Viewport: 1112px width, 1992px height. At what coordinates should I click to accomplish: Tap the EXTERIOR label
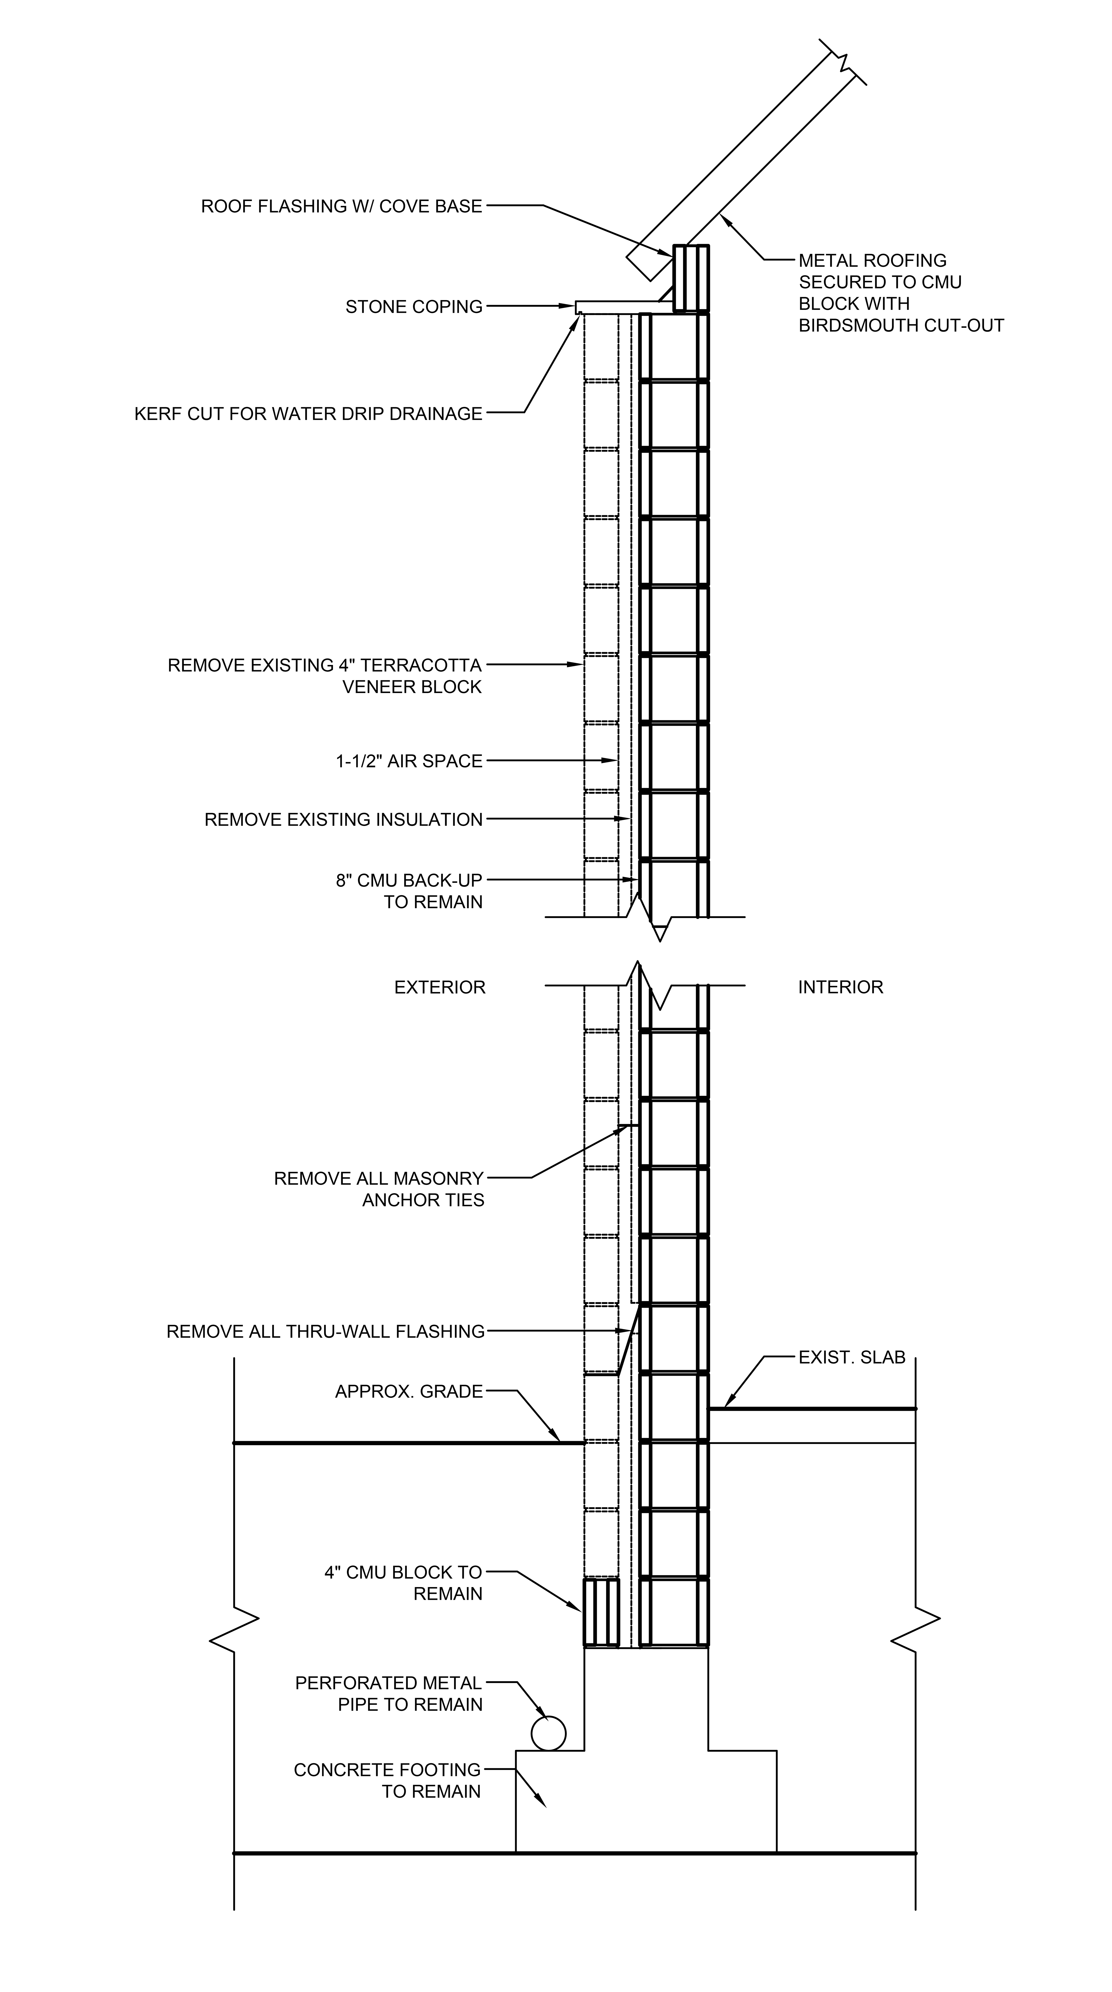[439, 988]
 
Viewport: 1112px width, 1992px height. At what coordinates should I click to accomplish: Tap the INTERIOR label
[840, 988]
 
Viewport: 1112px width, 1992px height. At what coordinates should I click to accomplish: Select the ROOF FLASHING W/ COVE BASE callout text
[341, 206]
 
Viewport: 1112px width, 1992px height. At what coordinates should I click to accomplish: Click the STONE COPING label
[414, 307]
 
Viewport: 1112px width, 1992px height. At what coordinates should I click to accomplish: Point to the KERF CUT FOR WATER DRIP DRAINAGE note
[308, 414]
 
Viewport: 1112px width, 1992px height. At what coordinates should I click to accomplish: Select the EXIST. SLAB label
[851, 1358]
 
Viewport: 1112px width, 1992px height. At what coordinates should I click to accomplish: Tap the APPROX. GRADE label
[408, 1392]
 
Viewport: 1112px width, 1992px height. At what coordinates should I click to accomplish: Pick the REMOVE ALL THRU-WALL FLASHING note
[325, 1332]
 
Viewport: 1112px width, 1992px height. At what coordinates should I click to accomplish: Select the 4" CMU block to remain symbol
[601, 1612]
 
